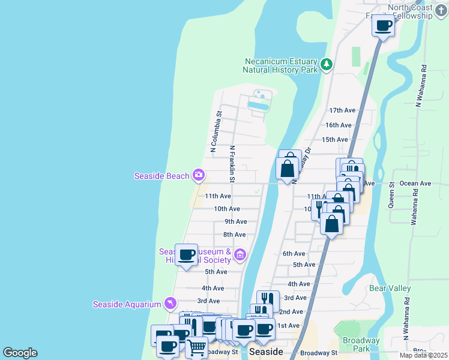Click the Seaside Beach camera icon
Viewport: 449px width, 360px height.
199,176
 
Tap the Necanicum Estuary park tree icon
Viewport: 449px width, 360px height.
326,64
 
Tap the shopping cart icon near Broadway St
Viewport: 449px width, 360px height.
196,347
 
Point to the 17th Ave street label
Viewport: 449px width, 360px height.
342,110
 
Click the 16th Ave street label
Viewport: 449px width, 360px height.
338,125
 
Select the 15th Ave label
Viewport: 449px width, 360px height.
334,140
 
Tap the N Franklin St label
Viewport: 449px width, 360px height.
232,163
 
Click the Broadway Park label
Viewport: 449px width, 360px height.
361,344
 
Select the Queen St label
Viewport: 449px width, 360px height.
391,195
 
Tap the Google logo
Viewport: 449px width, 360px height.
20,353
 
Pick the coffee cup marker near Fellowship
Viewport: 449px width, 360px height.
383,26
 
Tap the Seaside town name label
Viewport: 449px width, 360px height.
265,352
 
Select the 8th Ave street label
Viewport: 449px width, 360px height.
235,235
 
